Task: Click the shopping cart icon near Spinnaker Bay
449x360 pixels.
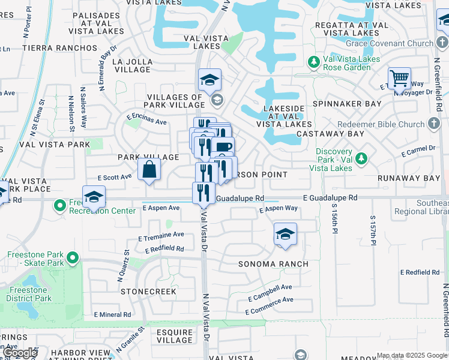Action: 399,79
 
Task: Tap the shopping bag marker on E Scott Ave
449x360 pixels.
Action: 149,169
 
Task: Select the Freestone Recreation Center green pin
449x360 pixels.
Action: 60,206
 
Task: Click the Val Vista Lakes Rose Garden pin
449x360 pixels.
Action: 313,62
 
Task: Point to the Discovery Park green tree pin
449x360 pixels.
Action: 361,158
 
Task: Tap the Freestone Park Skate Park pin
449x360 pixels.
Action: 73,259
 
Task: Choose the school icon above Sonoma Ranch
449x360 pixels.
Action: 286,235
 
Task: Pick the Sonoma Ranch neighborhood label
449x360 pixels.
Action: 273,264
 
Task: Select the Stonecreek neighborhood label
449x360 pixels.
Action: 148,292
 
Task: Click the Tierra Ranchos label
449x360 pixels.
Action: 59,47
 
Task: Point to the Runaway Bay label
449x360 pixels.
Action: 405,179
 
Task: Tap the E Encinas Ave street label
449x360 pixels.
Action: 146,121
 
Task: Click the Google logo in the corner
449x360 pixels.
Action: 20,353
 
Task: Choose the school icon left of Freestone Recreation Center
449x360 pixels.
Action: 94,197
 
